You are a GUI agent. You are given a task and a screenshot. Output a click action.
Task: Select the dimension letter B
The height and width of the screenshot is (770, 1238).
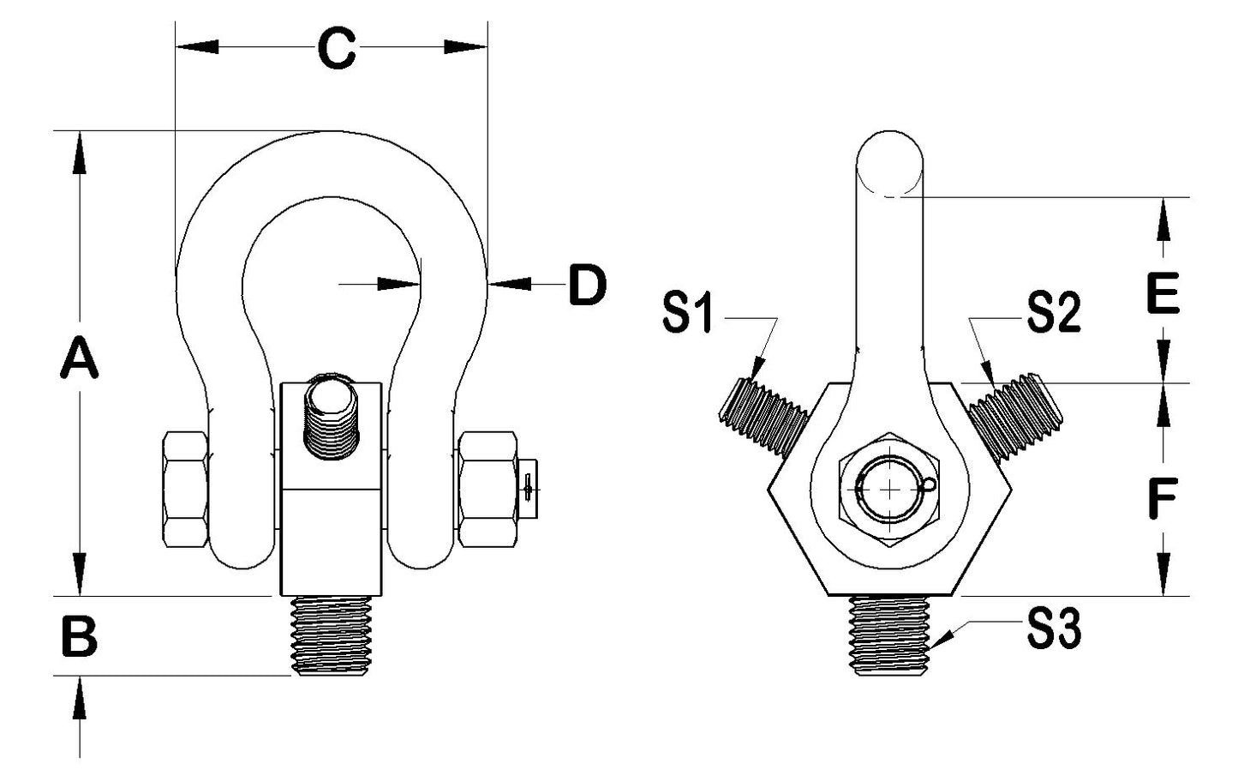(80, 638)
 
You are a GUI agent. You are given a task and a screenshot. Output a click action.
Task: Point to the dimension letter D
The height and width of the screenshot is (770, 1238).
(588, 286)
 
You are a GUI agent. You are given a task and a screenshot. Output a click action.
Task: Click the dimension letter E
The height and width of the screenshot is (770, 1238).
(1163, 295)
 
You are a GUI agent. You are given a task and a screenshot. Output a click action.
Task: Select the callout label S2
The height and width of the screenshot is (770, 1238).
(1054, 315)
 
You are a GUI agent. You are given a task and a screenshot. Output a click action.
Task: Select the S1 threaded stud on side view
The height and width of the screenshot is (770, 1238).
(763, 413)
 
